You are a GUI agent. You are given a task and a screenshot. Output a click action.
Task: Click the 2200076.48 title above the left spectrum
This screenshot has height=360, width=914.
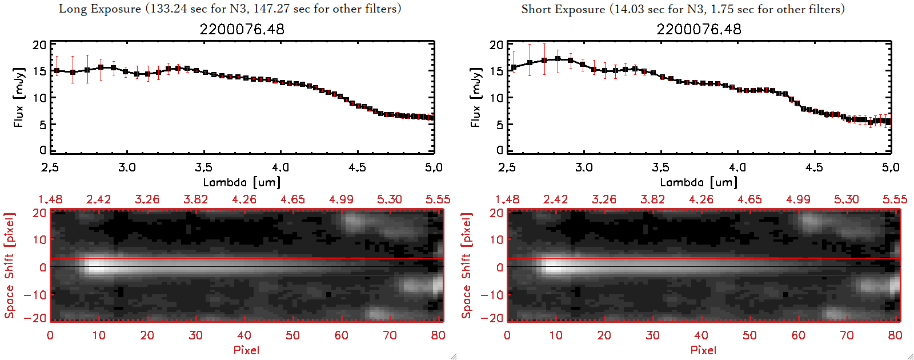(x=242, y=29)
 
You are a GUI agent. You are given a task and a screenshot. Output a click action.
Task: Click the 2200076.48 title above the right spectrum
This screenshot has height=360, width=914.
(x=699, y=29)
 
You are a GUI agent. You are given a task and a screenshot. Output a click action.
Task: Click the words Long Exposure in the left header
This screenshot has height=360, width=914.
(x=100, y=9)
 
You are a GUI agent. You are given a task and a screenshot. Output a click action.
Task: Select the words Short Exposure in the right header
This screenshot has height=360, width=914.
(x=563, y=9)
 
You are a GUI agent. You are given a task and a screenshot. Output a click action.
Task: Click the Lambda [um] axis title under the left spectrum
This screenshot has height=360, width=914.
(x=242, y=182)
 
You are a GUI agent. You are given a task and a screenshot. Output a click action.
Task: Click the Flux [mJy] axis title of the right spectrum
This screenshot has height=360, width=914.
(x=475, y=97)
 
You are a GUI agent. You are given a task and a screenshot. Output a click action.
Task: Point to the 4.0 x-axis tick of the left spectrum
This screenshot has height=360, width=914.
(x=280, y=167)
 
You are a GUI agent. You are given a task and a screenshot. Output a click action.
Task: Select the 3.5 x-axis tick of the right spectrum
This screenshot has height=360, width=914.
(x=660, y=167)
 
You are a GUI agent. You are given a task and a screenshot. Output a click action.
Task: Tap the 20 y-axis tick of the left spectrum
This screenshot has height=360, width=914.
(x=39, y=45)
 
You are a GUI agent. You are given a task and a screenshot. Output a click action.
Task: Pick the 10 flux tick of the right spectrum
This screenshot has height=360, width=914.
(x=496, y=98)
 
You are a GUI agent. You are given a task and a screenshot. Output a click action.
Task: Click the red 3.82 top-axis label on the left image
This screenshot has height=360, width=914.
(x=195, y=199)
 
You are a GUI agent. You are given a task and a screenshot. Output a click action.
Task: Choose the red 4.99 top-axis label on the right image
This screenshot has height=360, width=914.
(x=797, y=199)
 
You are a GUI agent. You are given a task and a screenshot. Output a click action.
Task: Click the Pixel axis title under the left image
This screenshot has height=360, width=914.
(x=246, y=350)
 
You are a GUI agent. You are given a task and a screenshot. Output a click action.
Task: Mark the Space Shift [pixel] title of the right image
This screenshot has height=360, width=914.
(x=466, y=266)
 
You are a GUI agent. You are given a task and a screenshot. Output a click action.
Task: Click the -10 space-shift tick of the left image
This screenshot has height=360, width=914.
(x=35, y=294)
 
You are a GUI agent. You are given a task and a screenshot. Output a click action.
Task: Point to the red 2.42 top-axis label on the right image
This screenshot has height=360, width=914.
(x=555, y=199)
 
